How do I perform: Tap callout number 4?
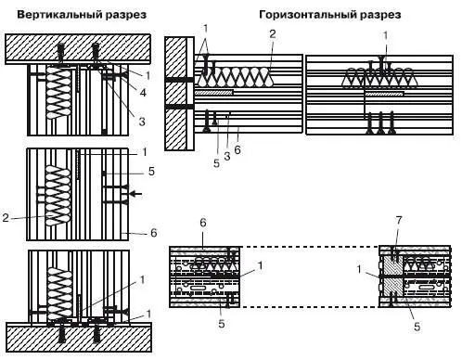click(143, 92)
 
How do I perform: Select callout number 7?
click(399, 221)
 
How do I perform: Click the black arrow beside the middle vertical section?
click(135, 194)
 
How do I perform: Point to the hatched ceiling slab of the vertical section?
click(78, 48)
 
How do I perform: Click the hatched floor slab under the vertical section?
click(79, 337)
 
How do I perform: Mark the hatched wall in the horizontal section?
click(175, 94)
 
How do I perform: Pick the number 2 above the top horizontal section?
click(272, 34)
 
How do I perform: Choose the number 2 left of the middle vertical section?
click(6, 218)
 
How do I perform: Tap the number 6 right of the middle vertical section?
click(154, 232)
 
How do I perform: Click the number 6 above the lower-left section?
click(203, 223)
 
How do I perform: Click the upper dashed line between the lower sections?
click(310, 247)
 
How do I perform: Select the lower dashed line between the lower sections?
click(310, 307)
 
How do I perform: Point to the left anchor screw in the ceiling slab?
click(61, 54)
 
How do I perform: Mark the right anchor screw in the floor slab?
click(96, 333)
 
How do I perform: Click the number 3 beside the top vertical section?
click(142, 122)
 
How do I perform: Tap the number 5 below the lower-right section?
click(417, 327)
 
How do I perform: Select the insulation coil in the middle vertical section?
click(58, 196)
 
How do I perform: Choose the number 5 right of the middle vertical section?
click(151, 171)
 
